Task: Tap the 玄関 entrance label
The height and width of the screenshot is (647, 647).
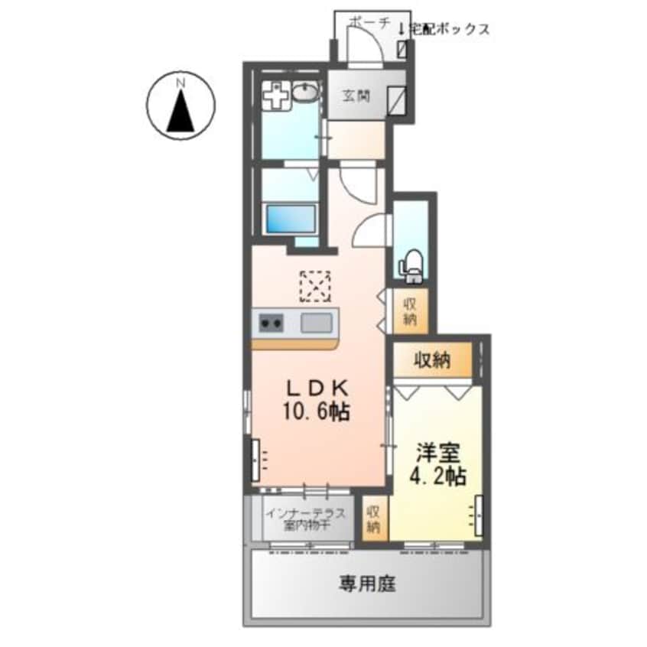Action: (x=356, y=96)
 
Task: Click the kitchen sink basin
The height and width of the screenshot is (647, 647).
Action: (x=316, y=323)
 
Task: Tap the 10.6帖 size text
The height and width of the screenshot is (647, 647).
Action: (x=318, y=412)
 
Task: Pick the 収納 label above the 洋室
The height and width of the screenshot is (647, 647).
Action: (x=433, y=359)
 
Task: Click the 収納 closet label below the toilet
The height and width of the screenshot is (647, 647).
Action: (x=410, y=310)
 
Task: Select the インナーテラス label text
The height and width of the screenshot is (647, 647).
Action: (x=305, y=512)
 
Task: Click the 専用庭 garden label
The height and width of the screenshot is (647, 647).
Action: (x=367, y=585)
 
